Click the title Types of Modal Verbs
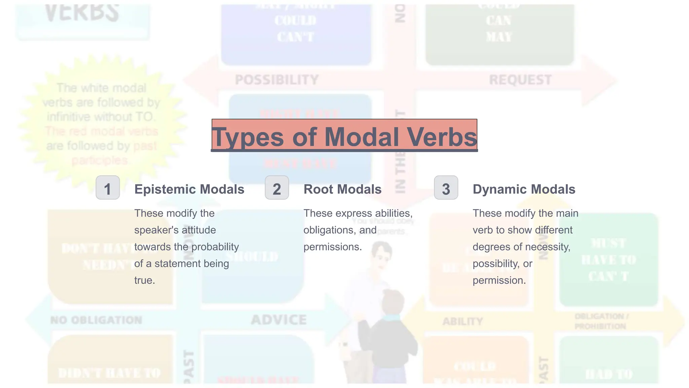coord(344,136)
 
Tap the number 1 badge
coord(108,188)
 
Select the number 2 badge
coord(277,188)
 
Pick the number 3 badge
coord(446,188)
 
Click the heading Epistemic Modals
coord(189,189)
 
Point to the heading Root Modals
coord(342,189)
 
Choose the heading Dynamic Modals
coord(524,189)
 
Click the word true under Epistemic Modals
coord(144,280)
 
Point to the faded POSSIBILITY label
coord(277,80)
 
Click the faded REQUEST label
coord(520,80)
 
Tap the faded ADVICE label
coord(279,320)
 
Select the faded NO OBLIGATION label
coord(96,320)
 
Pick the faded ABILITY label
coord(463,321)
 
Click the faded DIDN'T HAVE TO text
coord(109,373)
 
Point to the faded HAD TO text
coord(609,374)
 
